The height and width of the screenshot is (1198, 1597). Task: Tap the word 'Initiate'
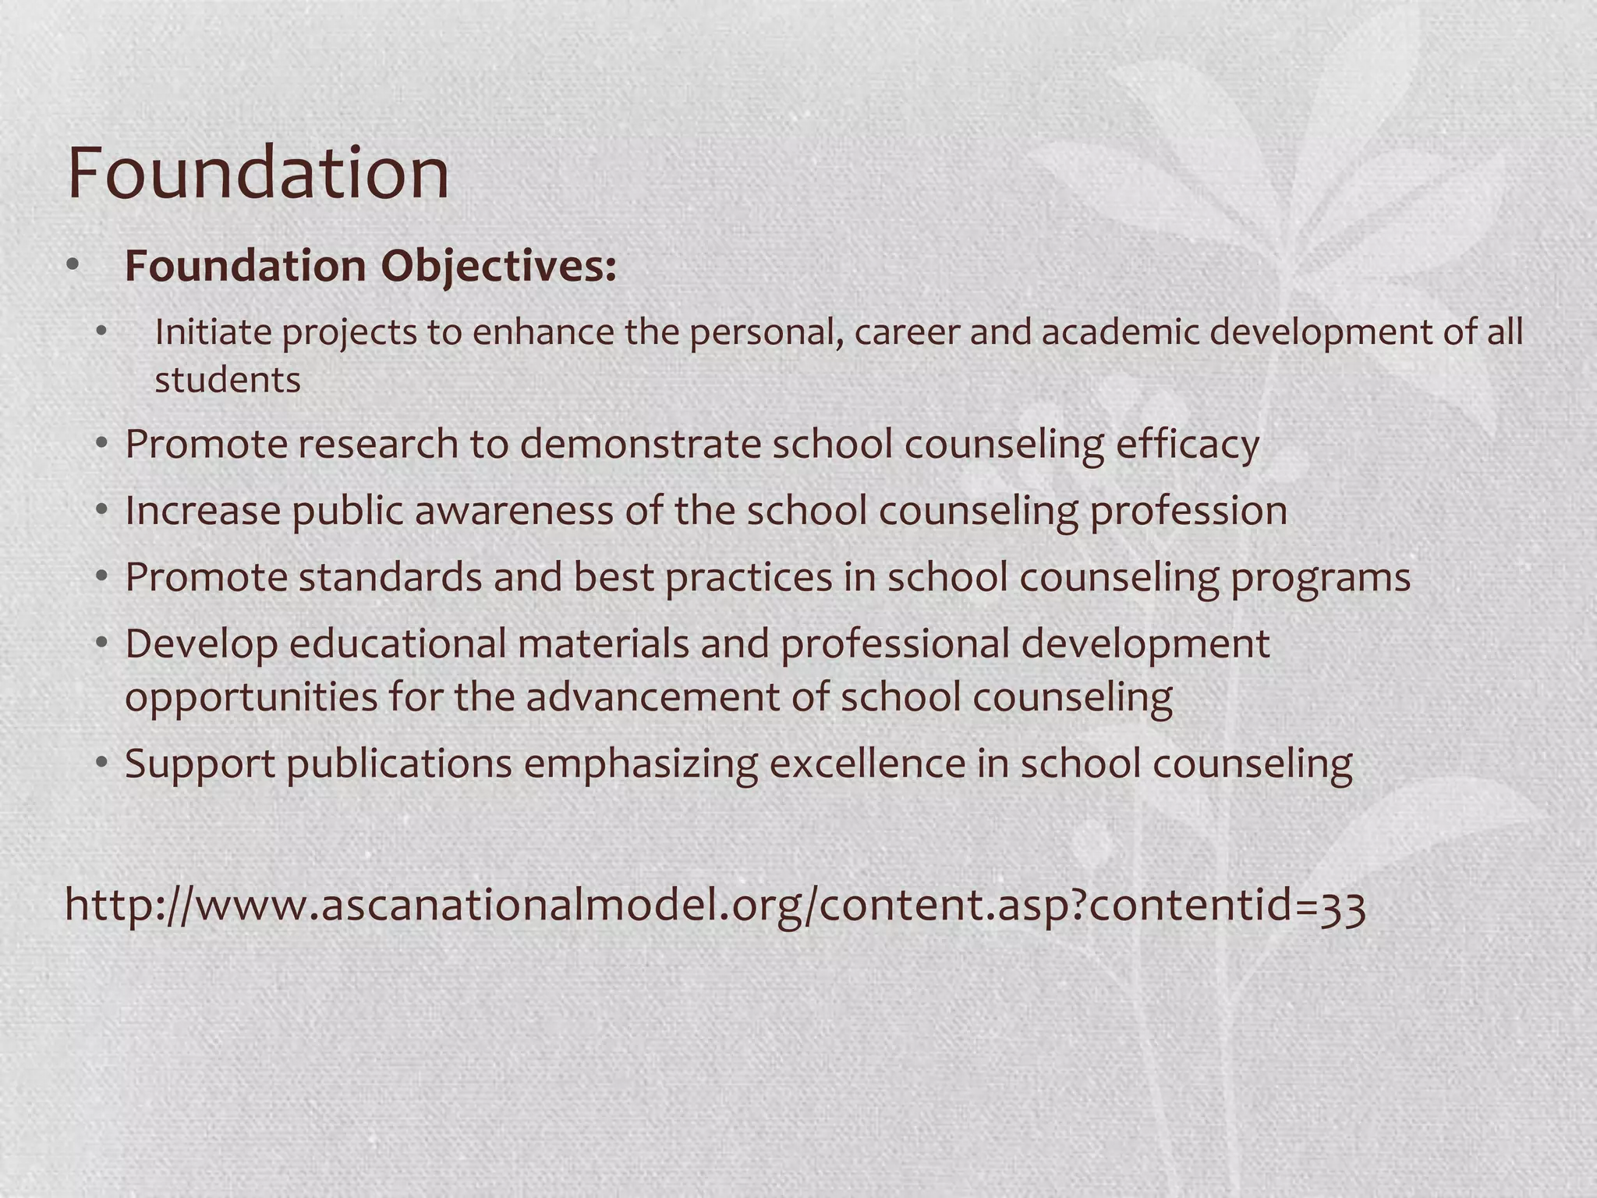pyautogui.click(x=212, y=332)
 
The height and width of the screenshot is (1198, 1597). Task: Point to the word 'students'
pyautogui.click(x=228, y=381)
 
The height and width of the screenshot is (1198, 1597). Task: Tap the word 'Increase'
pyautogui.click(x=203, y=511)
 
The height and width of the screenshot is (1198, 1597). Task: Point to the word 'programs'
pyautogui.click(x=1320, y=578)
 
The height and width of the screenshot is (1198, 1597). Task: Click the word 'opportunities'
pyautogui.click(x=251, y=696)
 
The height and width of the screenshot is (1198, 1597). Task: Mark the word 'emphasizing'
pyautogui.click(x=640, y=764)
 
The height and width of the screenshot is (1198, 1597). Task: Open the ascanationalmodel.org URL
pyautogui.click(x=715, y=906)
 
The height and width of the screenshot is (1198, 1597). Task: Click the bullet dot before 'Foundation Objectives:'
pyautogui.click(x=73, y=266)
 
